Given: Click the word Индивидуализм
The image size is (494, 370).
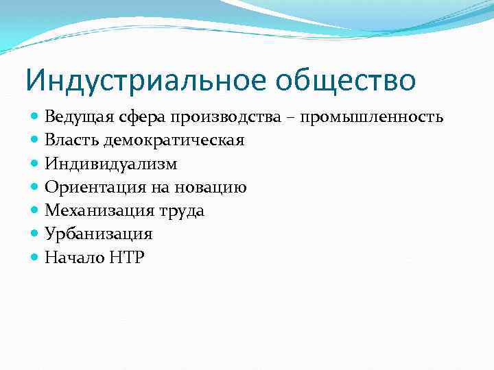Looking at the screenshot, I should click(x=110, y=164).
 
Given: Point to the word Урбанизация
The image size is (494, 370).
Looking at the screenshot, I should click(x=98, y=234).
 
